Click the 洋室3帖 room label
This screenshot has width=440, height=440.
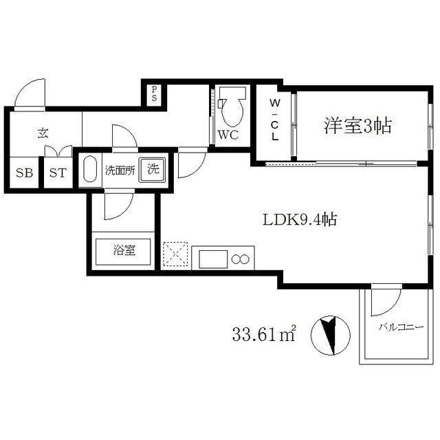357,126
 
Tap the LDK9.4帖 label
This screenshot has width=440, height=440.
300,219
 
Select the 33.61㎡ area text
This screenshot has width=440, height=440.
264,334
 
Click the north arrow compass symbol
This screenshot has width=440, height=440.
331,335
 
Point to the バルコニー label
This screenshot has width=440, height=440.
401,327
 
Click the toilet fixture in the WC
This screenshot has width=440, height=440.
232,107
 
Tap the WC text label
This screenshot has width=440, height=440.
228,135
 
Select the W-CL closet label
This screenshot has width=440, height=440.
275,120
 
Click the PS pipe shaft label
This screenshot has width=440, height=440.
154,93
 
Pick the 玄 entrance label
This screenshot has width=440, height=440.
43,133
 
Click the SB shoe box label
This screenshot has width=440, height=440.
24,173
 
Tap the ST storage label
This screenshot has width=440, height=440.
58,173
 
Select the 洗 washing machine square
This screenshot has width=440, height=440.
153,170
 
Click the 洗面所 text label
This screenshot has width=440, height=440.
120,170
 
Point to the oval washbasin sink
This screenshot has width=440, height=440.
90,170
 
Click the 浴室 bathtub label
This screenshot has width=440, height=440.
124,250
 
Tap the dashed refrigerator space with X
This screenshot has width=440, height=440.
175,254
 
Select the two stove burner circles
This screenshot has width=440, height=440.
240,259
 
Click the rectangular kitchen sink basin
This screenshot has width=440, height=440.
213,259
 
